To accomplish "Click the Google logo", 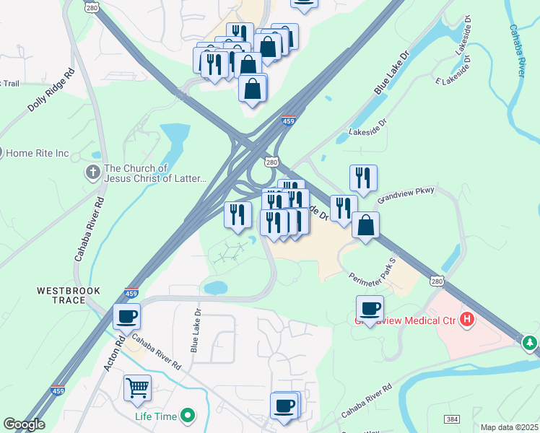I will point(23,424).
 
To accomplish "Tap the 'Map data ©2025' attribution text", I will point(509,427).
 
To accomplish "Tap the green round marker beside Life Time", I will point(188,415).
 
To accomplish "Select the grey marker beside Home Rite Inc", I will point(2,153).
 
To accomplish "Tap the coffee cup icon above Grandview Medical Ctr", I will point(370,308).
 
